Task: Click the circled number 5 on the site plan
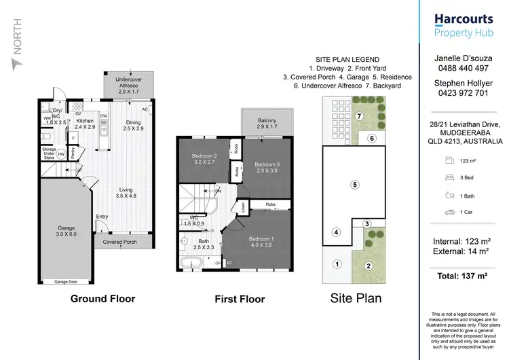pos(354,184)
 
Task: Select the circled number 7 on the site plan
pos(360,116)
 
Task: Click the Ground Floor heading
pos(104,298)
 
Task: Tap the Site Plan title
pos(356,298)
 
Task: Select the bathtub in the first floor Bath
pos(191,262)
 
